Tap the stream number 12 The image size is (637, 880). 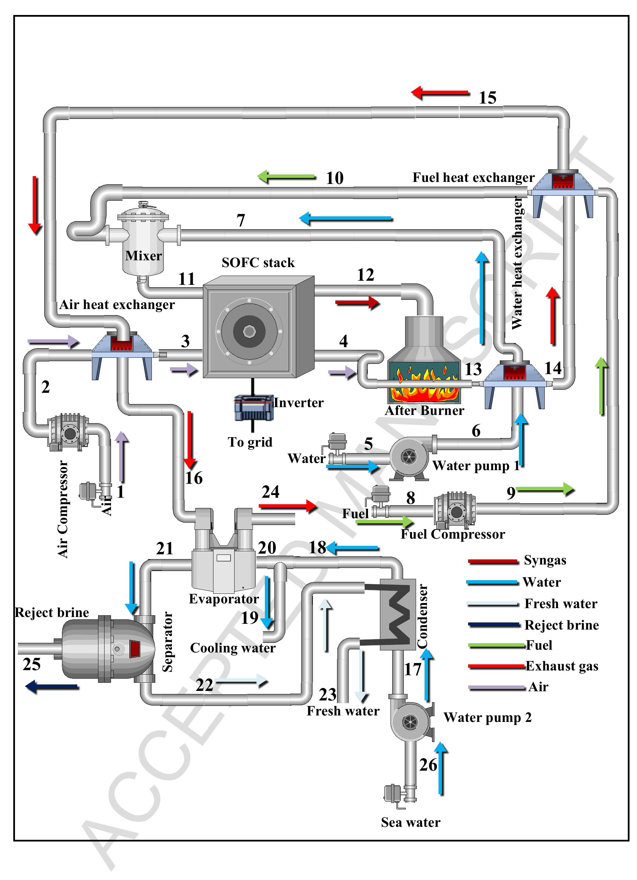coord(365,275)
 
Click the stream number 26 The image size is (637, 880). coord(428,765)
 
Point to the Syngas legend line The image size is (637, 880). coord(492,561)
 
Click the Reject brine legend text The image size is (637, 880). coord(561,625)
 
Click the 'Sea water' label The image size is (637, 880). coord(410,822)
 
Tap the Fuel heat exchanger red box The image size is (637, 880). coord(562,181)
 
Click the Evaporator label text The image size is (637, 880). coord(223,599)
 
